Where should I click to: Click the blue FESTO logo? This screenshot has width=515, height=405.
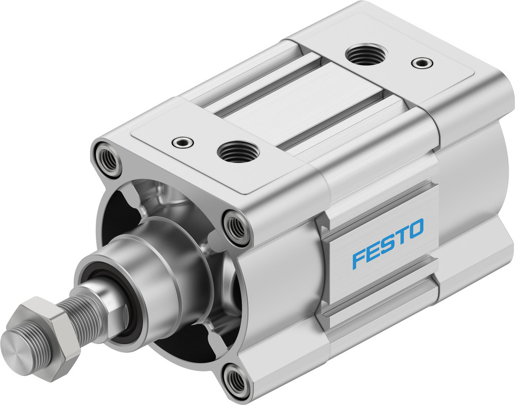tap(387, 243)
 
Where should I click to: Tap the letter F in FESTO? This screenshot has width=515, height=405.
tap(358, 258)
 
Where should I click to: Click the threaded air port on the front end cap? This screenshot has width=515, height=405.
tap(236, 152)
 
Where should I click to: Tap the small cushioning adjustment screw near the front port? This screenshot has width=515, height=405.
tap(182, 141)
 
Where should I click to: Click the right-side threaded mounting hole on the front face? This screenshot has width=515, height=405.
tap(236, 226)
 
